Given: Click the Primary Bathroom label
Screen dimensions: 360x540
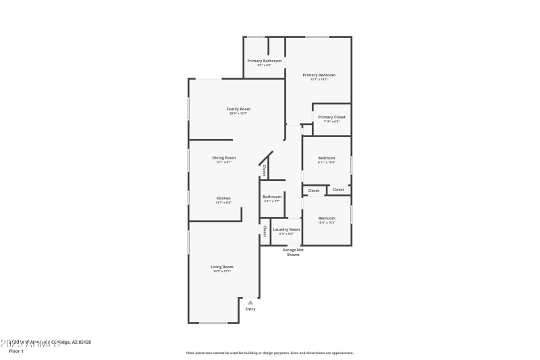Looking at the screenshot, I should (264, 61).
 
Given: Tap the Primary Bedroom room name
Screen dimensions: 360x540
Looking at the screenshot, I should (319, 75).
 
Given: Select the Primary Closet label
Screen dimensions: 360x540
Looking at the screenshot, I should (331, 117).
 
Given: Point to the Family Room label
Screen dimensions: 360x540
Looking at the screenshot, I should (238, 109).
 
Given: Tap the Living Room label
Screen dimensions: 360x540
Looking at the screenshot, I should (223, 267).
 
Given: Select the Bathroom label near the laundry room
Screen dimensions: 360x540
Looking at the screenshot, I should (272, 197).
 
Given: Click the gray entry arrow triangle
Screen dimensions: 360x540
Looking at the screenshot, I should (250, 303).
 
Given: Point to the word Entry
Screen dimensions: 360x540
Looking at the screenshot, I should (250, 309).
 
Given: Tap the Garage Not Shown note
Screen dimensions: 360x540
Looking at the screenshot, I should (293, 252).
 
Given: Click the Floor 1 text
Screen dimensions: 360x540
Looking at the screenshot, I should (16, 351).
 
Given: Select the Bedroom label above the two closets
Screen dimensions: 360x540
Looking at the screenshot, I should (327, 158).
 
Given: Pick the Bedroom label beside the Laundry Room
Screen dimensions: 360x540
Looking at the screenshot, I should (327, 218).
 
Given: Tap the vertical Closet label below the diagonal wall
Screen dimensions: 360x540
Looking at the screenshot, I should (265, 170).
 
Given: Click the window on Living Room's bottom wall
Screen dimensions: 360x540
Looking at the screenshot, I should (213, 323).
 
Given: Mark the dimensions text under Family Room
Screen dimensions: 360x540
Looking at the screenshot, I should (238, 113).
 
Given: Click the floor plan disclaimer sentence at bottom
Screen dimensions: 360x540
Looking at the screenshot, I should (269, 353).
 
